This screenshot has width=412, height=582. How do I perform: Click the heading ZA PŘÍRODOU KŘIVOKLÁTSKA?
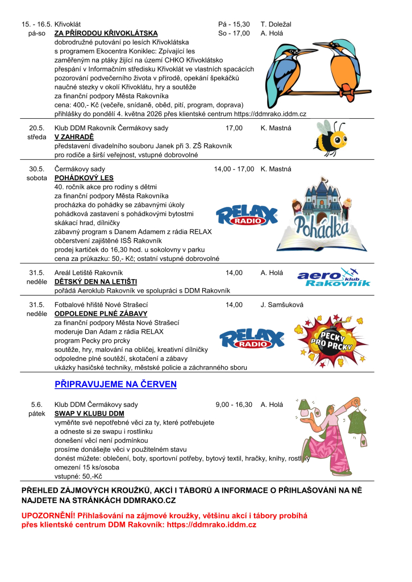pos(106,34)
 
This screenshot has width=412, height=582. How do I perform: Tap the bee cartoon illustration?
pos(330,139)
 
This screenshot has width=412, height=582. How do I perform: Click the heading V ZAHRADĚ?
pos(74,137)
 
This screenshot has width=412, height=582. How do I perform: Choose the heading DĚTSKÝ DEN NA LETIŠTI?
pos(95,282)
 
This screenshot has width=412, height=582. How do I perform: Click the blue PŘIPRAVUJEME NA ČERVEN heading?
pos(115,385)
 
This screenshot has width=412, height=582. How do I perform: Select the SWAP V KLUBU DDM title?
pos(89,414)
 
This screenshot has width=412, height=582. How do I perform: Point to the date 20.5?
pos(36,128)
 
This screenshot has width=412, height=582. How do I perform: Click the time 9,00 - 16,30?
pos(234,405)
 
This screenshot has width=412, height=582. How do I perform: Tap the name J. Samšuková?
pos(282,305)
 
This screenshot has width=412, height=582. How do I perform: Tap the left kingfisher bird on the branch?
pos(282,68)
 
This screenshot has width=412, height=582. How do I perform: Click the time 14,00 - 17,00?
pos(234,169)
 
